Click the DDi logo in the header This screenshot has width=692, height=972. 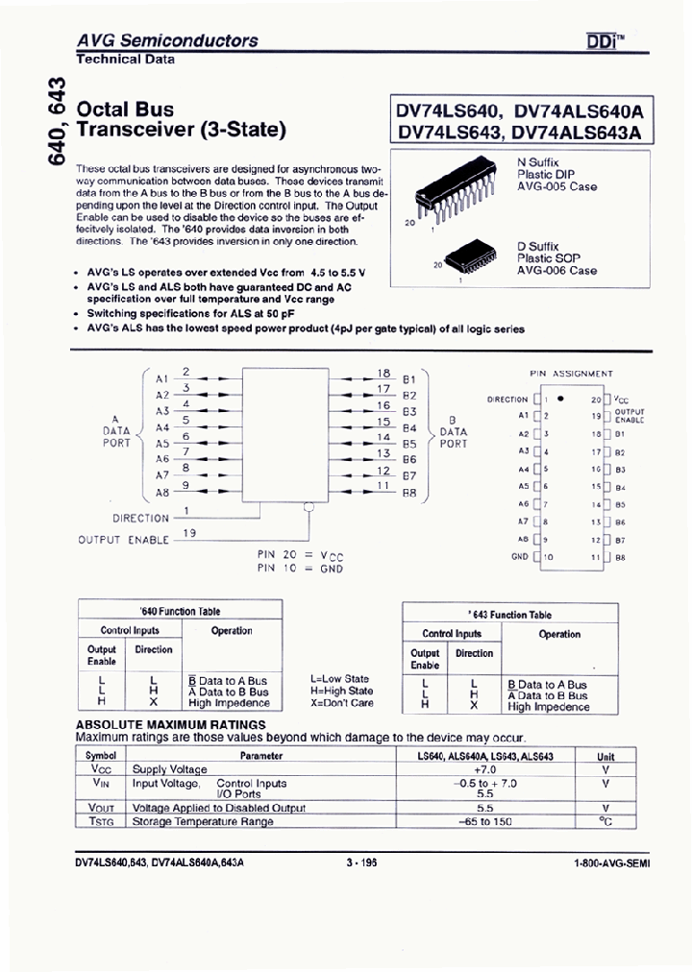(604, 41)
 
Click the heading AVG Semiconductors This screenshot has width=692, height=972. (167, 40)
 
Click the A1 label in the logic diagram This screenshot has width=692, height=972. (161, 378)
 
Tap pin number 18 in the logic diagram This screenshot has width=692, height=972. (383, 373)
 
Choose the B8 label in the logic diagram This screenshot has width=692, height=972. (409, 493)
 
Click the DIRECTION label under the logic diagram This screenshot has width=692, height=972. (140, 518)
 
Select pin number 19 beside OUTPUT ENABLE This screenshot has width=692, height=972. (189, 533)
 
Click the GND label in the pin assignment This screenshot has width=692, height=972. (520, 557)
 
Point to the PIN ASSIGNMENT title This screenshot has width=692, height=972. (571, 373)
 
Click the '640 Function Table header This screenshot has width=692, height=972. (180, 611)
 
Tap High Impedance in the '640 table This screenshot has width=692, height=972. (228, 703)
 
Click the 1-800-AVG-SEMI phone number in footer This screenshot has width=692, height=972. (610, 863)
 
